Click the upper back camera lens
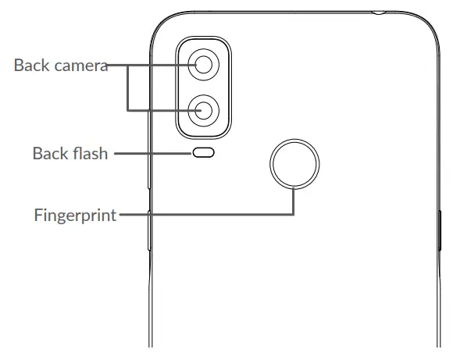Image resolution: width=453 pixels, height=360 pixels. (204, 66)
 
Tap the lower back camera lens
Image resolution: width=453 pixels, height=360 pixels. (204, 109)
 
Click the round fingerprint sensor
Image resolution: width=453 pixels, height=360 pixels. (294, 163)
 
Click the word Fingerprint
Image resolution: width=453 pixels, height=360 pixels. (75, 215)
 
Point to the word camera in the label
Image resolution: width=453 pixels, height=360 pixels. (80, 65)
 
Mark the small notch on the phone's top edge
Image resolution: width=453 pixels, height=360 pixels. (379, 12)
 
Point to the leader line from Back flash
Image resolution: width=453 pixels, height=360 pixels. (152, 154)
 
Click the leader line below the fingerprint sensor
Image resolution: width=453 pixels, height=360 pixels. (294, 201)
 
